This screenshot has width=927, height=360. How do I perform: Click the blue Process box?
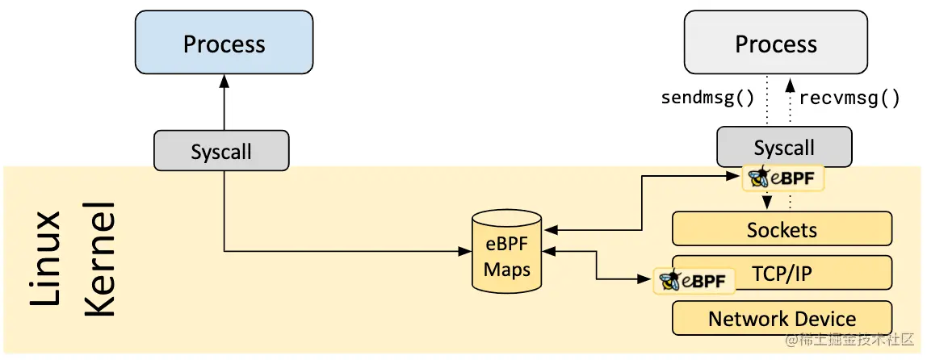click(224, 44)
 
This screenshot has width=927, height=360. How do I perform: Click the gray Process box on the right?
click(775, 44)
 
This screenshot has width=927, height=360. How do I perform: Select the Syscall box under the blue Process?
click(220, 151)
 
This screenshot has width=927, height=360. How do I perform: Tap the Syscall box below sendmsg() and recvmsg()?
click(783, 147)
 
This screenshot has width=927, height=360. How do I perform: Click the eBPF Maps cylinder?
click(506, 251)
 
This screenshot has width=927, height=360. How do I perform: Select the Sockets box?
click(782, 229)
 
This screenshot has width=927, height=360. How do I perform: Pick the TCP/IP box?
click(782, 274)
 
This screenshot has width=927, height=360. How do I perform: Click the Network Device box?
click(782, 318)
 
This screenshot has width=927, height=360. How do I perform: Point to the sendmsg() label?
click(707, 98)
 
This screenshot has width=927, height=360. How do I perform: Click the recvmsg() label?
click(849, 98)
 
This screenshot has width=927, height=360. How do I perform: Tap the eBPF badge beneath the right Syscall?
click(783, 178)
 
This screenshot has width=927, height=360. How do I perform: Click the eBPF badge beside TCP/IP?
click(694, 281)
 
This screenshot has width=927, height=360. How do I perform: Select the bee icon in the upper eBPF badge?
click(758, 178)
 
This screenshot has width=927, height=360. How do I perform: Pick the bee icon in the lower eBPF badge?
click(669, 280)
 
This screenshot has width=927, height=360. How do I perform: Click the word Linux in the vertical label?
click(47, 258)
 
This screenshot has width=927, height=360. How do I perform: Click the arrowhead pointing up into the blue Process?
click(224, 82)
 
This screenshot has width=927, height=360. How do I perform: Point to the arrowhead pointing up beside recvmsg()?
click(791, 82)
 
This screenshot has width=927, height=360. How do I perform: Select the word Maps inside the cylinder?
click(506, 269)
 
